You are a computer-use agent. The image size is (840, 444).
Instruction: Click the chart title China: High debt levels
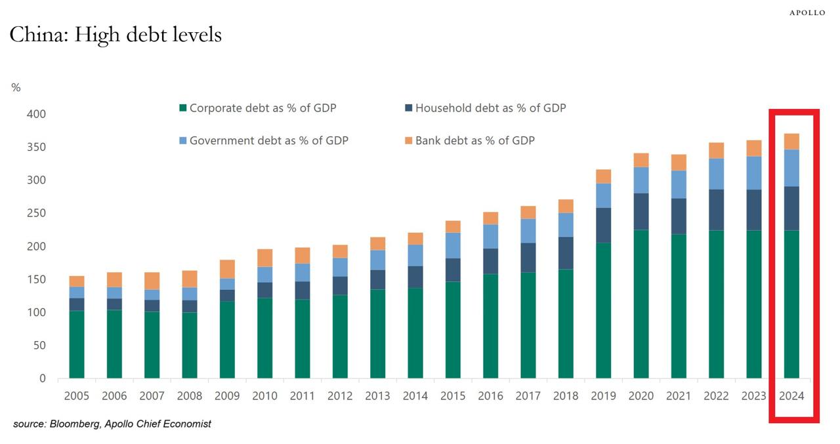pyautogui.click(x=115, y=34)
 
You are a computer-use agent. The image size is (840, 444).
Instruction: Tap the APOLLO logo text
pyautogui.click(x=807, y=12)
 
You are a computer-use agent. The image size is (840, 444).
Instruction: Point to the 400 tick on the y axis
pyautogui.click(x=37, y=114)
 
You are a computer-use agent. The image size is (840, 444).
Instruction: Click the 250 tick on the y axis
pyautogui.click(x=37, y=213)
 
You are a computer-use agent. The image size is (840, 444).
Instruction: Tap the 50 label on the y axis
pyautogui.click(x=39, y=346)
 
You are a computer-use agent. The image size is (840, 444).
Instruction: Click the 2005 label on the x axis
pyautogui.click(x=77, y=396)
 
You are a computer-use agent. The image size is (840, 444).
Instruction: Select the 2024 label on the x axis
pyautogui.click(x=791, y=396)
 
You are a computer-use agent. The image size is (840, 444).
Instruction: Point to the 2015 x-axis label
pyautogui.click(x=453, y=396)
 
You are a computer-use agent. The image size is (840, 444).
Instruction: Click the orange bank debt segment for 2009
pyautogui.click(x=227, y=269)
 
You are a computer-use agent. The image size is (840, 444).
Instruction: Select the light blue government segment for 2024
pyautogui.click(x=791, y=168)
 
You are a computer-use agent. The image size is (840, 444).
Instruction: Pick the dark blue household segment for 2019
pyautogui.click(x=603, y=226)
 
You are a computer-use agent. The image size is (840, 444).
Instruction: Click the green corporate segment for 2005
pyautogui.click(x=77, y=344)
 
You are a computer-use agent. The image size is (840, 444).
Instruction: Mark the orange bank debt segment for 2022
pyautogui.click(x=716, y=150)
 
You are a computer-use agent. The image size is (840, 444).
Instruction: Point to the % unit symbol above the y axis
pyautogui.click(x=16, y=88)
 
